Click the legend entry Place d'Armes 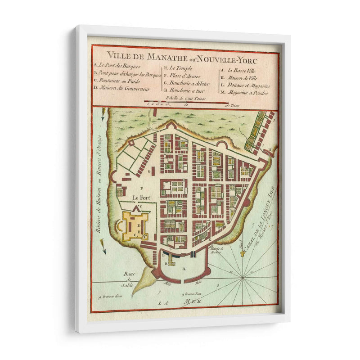click(182, 76)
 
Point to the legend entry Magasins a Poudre click(247, 93)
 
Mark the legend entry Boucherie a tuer click(184, 90)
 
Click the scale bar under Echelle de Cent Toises click(187, 103)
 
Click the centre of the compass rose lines click(243, 277)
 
